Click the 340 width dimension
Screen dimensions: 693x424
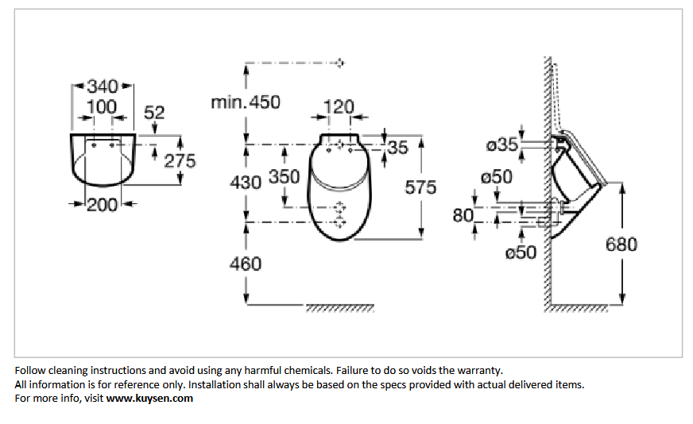point(103,86)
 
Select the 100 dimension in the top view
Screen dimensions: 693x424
point(102,107)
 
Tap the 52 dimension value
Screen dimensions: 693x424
point(154,113)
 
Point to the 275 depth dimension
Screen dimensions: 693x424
point(180,160)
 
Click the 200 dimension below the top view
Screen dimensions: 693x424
point(102,205)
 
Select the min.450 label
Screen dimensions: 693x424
point(246,102)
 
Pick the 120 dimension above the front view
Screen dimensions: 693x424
point(339,107)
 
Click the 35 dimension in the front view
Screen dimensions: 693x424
point(398,148)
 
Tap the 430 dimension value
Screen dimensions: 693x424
point(246,183)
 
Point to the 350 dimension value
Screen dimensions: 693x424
point(285,176)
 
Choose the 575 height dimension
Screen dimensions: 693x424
point(420,187)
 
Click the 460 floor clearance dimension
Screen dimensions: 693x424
point(246,264)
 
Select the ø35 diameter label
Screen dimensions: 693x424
point(502,145)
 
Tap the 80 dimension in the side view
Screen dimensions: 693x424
point(463,215)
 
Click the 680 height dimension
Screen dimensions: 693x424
point(621,245)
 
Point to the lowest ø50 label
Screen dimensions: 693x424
point(521,252)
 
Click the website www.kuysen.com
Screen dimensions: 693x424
point(149,399)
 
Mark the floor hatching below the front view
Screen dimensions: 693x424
point(340,308)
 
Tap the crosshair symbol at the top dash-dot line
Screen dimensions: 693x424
point(339,63)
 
